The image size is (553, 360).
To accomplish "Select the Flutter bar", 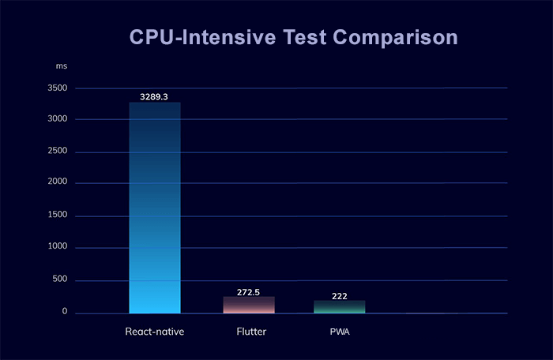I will [x=249, y=305].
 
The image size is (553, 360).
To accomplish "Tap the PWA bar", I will [x=340, y=306].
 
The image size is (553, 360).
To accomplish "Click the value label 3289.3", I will [x=154, y=96].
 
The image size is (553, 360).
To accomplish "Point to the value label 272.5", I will [x=249, y=292].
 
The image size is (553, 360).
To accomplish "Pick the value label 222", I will [x=340, y=295].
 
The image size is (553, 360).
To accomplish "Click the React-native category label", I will [x=155, y=332].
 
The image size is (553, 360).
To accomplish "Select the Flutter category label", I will [x=249, y=332].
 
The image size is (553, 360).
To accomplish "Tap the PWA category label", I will [x=340, y=332].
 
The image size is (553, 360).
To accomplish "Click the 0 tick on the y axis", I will [x=65, y=313].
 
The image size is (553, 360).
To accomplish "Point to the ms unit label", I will [x=62, y=65].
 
